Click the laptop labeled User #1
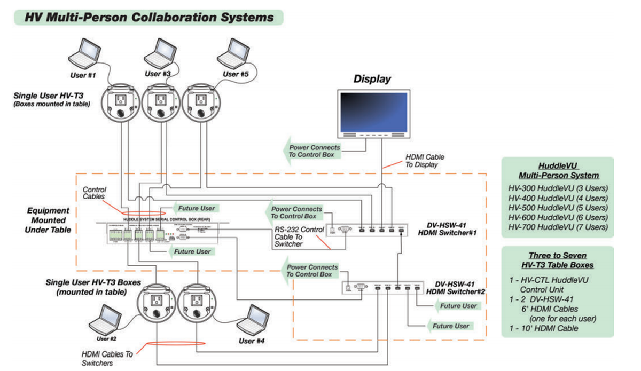[88, 52]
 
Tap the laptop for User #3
[159, 52]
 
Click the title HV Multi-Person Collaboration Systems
[149, 17]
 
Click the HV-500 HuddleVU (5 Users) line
[558, 208]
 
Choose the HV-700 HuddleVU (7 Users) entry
[558, 227]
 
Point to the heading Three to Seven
[558, 255]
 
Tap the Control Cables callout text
[96, 193]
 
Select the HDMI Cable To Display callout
[424, 161]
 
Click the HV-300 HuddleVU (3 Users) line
[558, 188]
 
